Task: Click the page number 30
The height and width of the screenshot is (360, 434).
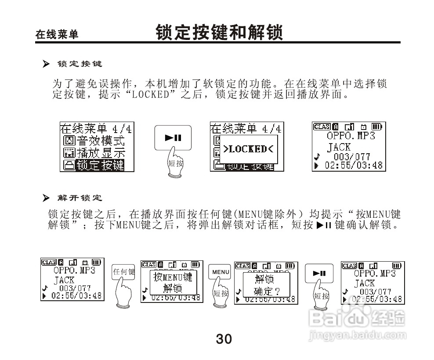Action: [224, 339]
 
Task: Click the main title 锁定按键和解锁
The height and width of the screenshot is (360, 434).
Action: [219, 32]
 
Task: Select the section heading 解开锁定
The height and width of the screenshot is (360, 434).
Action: [80, 198]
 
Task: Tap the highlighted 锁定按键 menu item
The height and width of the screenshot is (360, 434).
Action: [100, 165]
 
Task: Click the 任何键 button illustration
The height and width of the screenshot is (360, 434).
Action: [123, 272]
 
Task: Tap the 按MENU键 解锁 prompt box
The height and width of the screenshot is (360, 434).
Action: [172, 282]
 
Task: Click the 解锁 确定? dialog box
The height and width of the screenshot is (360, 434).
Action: [264, 284]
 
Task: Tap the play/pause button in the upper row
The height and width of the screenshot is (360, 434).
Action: [173, 137]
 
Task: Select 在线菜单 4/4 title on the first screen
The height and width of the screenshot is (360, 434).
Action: [96, 129]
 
